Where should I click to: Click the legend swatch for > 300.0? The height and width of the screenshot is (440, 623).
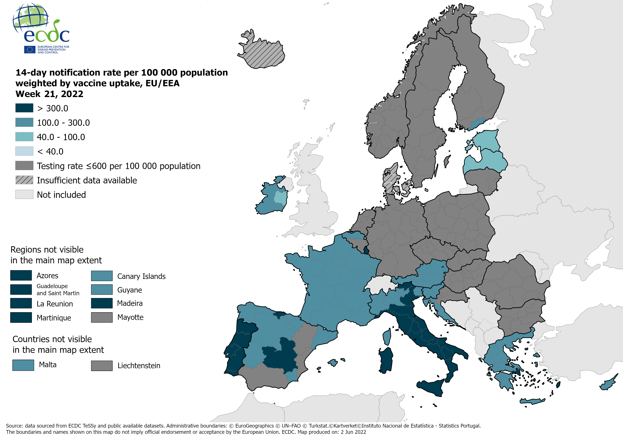coord(24,108)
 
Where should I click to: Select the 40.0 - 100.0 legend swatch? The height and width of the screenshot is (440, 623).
coord(24,137)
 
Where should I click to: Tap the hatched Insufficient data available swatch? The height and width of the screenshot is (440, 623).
coord(24,180)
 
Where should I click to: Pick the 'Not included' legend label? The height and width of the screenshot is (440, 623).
coord(61,195)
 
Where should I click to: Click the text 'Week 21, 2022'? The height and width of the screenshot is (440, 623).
coord(49,94)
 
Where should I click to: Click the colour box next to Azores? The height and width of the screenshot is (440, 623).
coord(21,275)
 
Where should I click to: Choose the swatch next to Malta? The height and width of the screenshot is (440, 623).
coord(23,365)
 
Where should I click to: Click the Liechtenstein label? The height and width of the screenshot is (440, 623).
coord(139,365)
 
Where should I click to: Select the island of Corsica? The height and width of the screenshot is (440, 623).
coord(387,336)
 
